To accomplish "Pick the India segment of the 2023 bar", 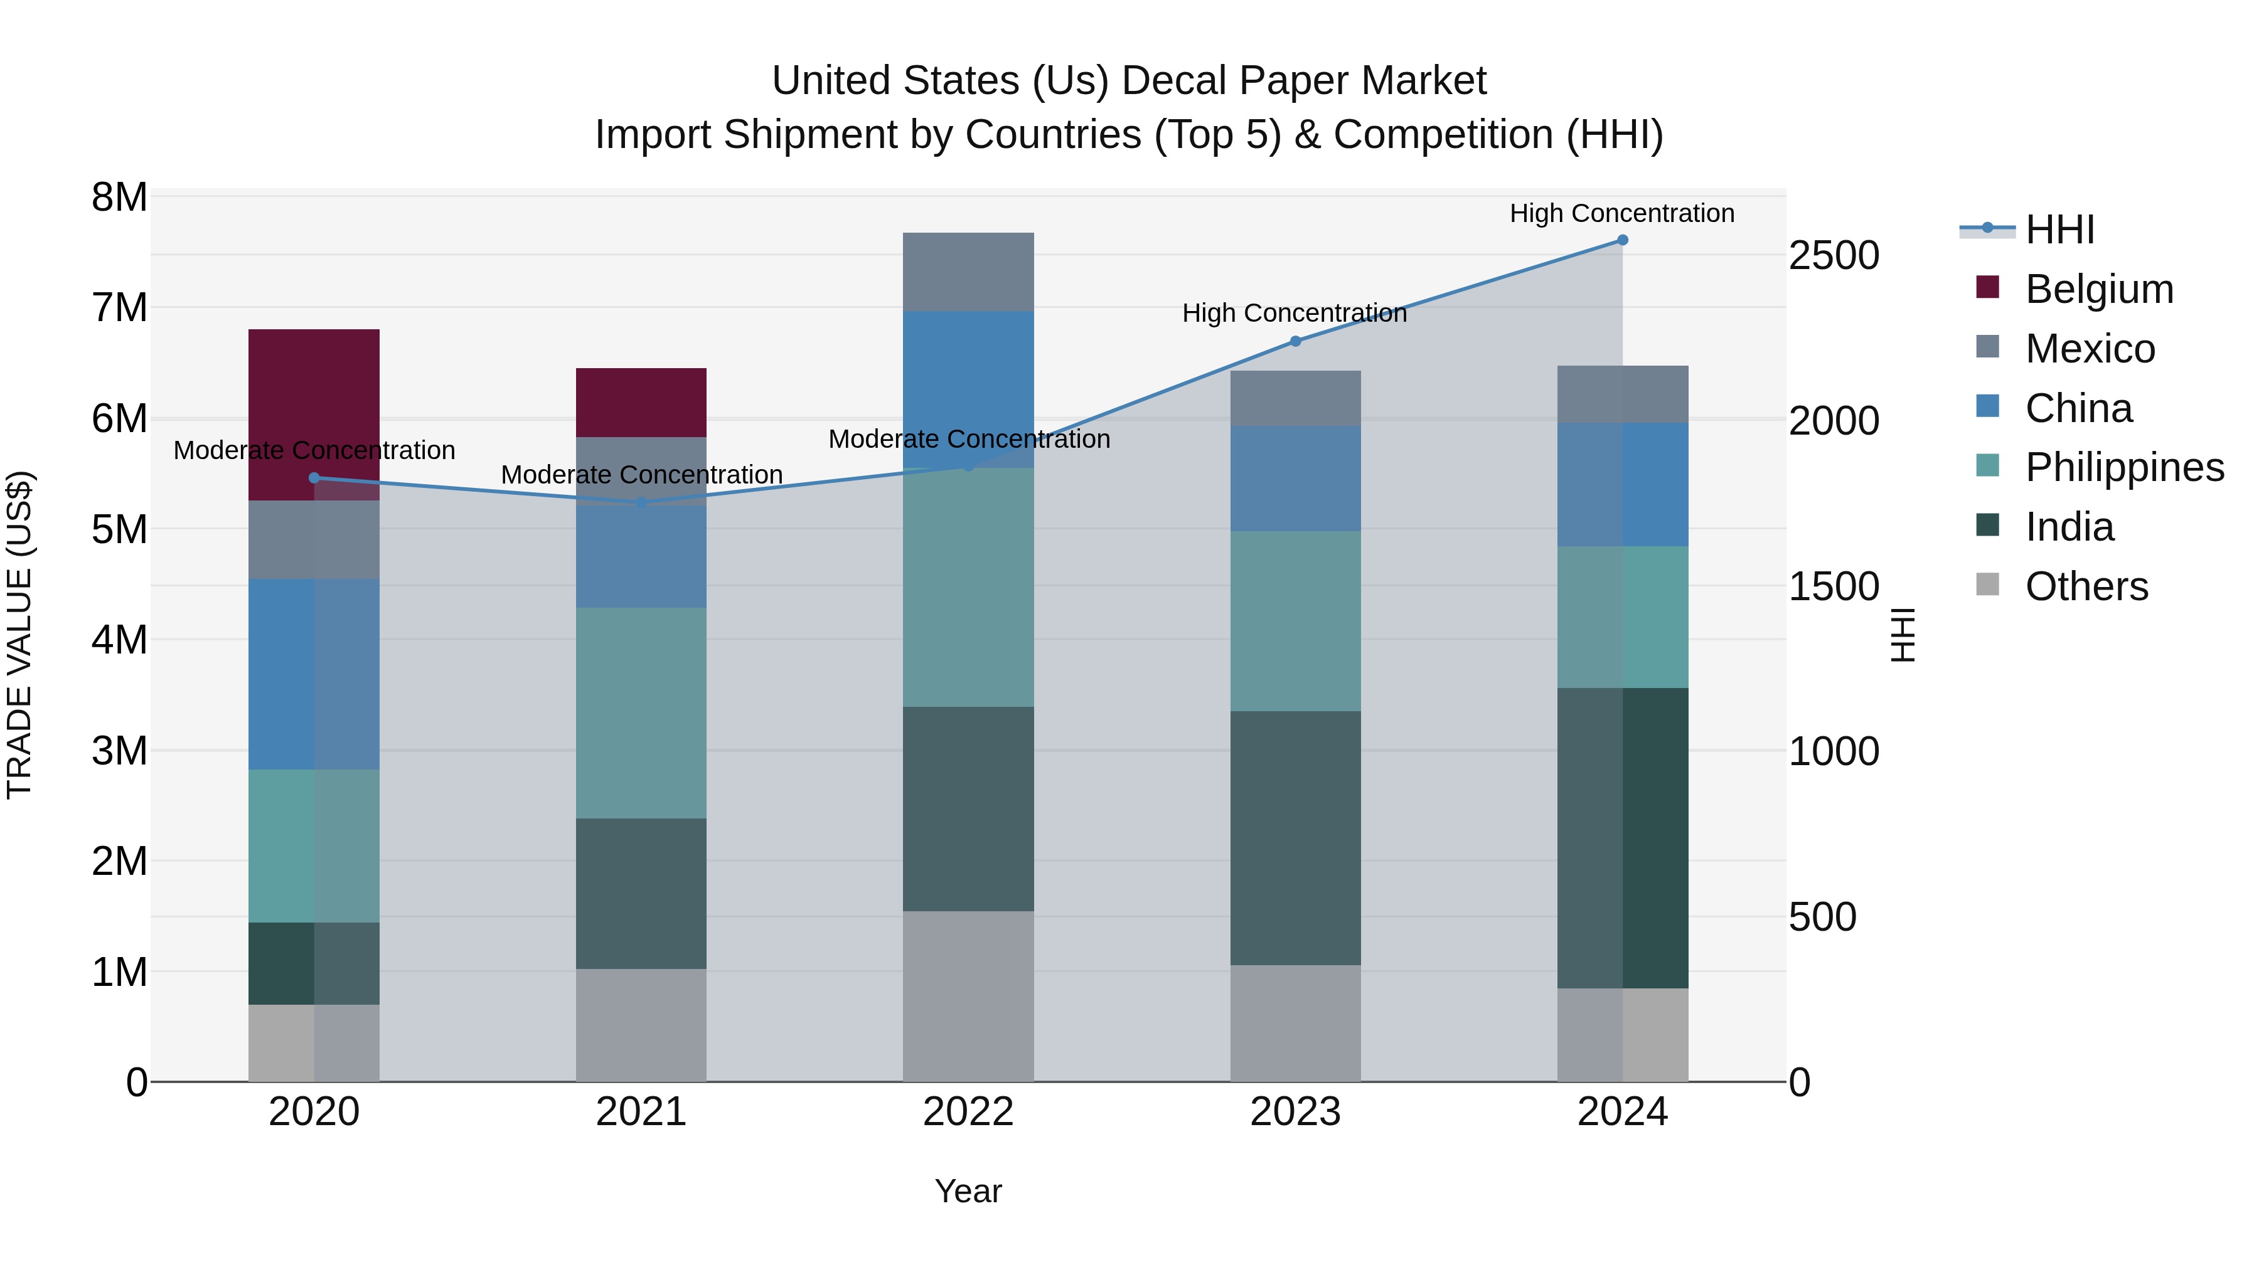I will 1295,837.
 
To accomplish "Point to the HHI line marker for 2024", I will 1621,240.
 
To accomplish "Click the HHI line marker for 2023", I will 1295,341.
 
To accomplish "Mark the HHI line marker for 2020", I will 314,478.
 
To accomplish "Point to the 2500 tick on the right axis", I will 1833,256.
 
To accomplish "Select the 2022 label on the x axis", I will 968,1112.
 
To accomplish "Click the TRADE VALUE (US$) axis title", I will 19,635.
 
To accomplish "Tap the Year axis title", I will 968,1191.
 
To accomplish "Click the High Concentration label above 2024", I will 1621,213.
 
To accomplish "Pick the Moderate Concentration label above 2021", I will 641,474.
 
